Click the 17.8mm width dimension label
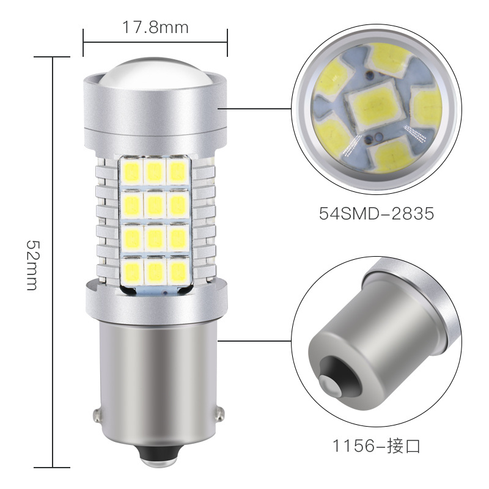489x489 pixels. (155, 28)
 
